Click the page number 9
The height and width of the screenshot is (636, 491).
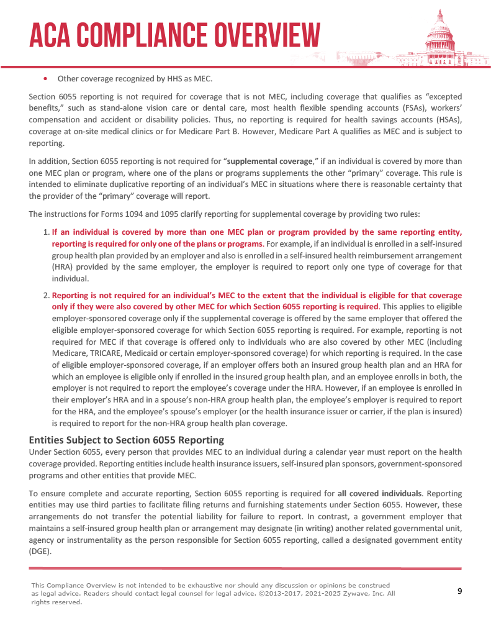pyautogui.click(x=459, y=591)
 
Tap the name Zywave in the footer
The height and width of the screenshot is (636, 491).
pyautogui.click(x=356, y=594)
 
